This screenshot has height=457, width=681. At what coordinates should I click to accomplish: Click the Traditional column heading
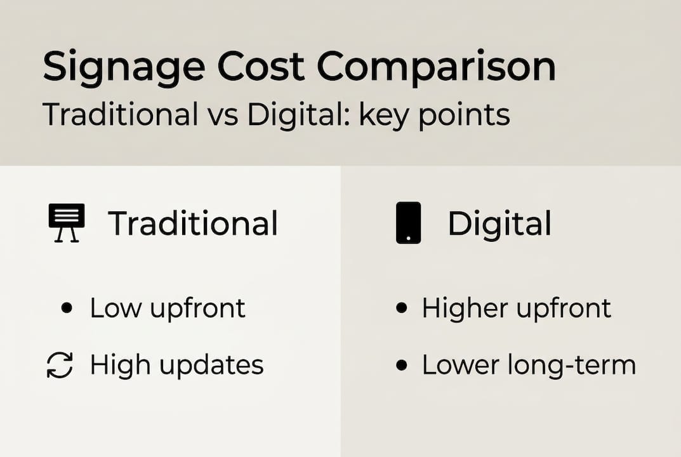point(193,223)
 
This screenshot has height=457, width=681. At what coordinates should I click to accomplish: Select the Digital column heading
point(499,223)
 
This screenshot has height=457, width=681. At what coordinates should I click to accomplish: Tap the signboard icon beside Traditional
point(66,223)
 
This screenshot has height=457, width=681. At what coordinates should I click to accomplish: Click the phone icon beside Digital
point(408,223)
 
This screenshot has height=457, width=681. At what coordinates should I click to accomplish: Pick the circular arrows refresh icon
point(60,366)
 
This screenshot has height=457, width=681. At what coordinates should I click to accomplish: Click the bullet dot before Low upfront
point(66,308)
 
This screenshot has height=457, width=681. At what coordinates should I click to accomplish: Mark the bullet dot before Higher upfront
point(400,308)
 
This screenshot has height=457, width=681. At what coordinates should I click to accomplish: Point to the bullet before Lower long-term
point(400,366)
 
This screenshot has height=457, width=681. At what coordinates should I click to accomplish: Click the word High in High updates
point(117,366)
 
